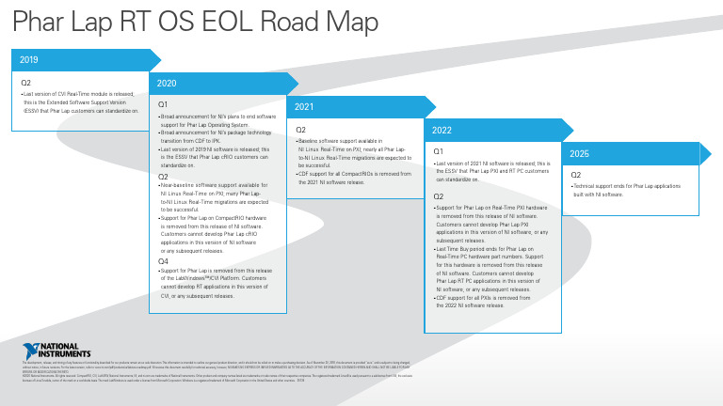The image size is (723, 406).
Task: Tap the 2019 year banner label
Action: click(x=29, y=60)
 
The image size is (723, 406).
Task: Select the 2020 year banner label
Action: click(x=167, y=84)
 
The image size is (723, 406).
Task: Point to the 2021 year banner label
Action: click(x=305, y=107)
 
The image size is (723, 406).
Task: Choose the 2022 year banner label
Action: click(x=442, y=130)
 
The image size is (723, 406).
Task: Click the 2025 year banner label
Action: click(x=580, y=153)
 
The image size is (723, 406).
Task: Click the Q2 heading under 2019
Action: click(x=26, y=82)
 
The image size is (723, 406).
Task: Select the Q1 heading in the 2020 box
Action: click(x=163, y=103)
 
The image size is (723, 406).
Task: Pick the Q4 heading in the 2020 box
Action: click(x=163, y=261)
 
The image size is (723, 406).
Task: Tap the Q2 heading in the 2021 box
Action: click(x=301, y=130)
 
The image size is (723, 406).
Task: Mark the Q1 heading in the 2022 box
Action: click(x=439, y=151)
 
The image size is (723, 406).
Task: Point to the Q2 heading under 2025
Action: click(x=577, y=174)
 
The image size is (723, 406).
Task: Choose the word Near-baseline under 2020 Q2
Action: click(x=177, y=185)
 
